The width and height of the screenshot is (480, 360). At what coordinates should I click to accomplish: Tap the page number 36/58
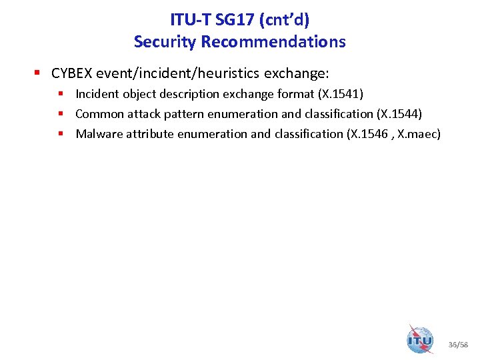[459, 345]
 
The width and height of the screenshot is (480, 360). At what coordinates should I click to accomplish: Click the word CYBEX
[71, 73]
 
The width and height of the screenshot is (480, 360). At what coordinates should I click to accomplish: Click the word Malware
[97, 134]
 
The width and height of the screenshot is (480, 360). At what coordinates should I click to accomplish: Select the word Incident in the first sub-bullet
[97, 94]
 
